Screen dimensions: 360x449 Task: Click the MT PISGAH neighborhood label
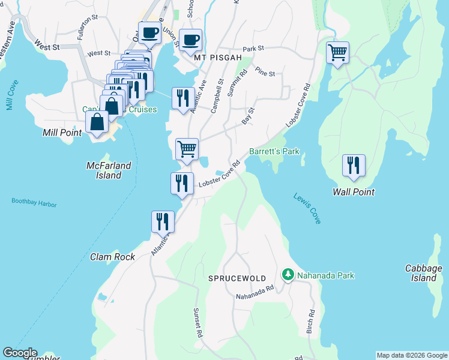click(218, 58)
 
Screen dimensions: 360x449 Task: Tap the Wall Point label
click(354, 192)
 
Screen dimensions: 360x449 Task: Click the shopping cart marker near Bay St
click(187, 148)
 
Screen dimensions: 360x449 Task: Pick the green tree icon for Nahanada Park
click(288, 275)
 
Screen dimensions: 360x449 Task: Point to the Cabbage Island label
click(423, 273)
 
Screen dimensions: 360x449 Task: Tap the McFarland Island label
click(104, 170)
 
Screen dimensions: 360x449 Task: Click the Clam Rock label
click(112, 256)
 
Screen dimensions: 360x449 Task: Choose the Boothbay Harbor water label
click(34, 202)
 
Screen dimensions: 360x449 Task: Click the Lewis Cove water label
click(307, 208)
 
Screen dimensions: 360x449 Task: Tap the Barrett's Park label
click(274, 152)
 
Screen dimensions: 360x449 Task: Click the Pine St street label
click(265, 73)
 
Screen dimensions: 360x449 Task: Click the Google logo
click(20, 353)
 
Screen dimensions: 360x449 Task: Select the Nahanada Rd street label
click(255, 292)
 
